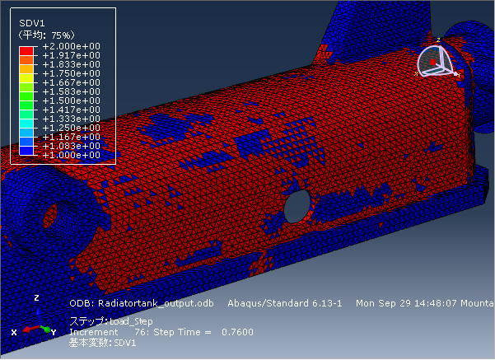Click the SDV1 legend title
coord(32,23)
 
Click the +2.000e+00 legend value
coord(71,46)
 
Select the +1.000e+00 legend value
coord(71,155)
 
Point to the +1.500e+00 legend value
coord(71,101)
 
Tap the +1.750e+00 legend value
coord(71,73)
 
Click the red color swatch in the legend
coord(26,51)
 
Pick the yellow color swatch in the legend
coord(26,78)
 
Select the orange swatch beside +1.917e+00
coord(26,60)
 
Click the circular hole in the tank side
coord(297,207)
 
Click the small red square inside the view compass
coord(432,63)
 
